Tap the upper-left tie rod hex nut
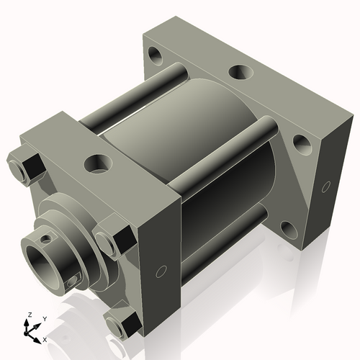click(27, 166)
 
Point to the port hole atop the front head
click(96, 163)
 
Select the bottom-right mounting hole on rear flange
click(289, 229)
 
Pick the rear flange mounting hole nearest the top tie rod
click(302, 144)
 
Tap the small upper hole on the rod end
click(47, 237)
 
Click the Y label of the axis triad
click(44, 318)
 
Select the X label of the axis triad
click(45, 338)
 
